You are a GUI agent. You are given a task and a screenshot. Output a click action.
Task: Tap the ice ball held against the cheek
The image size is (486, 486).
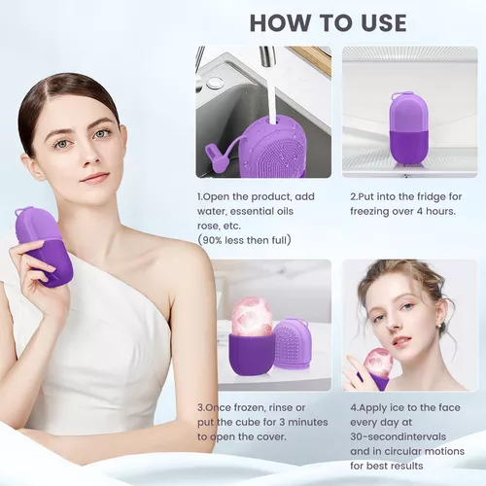378,364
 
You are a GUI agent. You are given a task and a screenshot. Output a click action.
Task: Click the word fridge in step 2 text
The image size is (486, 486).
431,196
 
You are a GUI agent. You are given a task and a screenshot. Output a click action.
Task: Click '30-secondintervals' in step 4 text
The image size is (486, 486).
398,436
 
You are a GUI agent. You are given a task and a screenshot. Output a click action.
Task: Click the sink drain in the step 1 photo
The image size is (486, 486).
213,83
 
